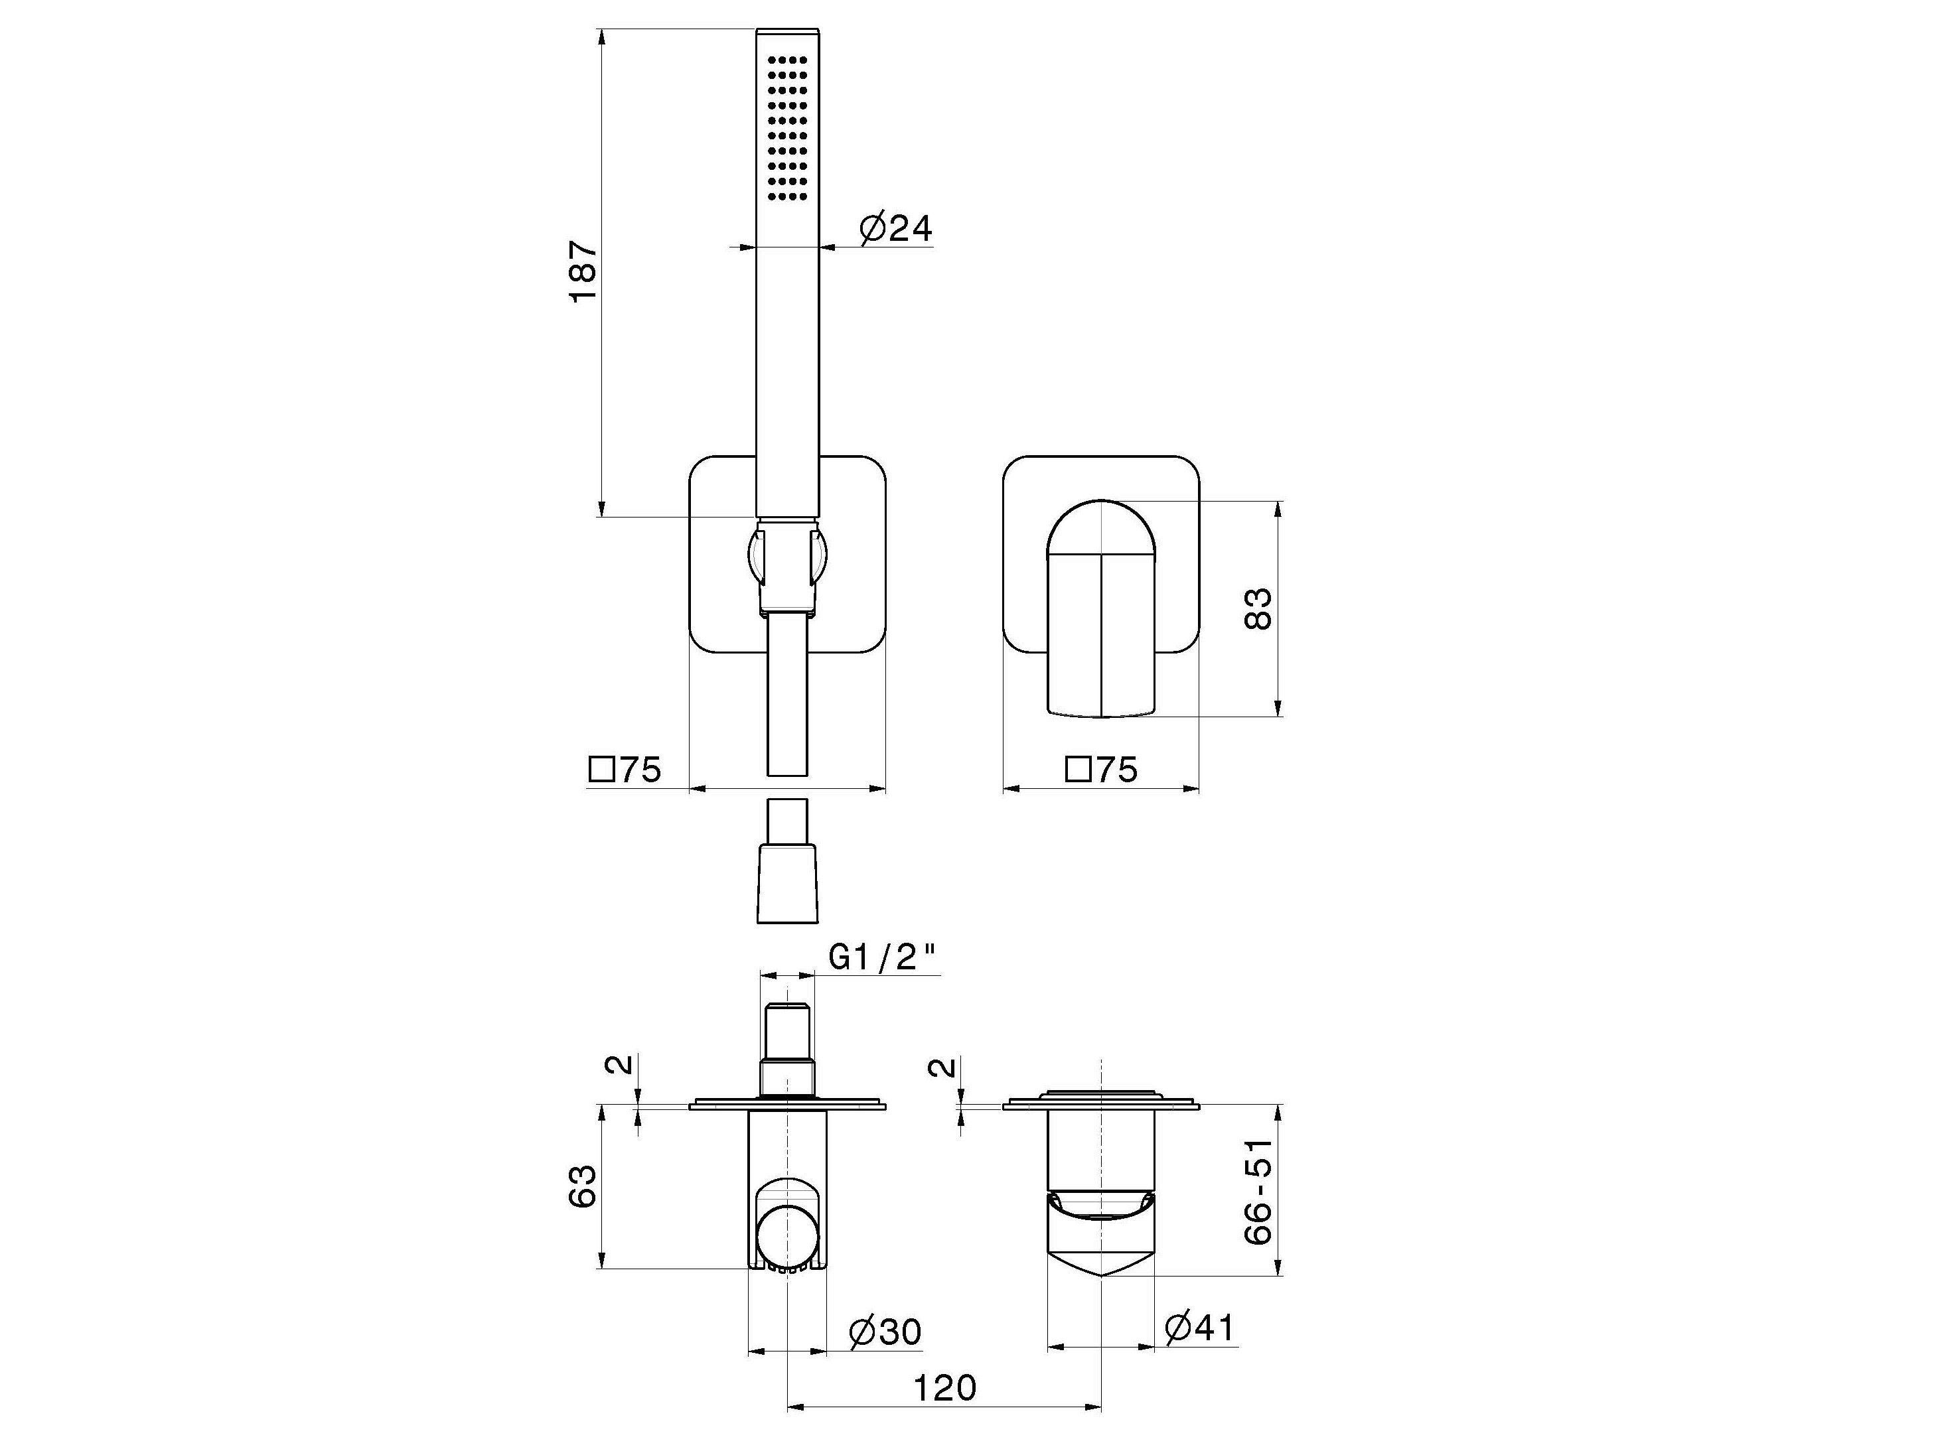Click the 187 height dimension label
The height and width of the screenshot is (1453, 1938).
pyautogui.click(x=584, y=271)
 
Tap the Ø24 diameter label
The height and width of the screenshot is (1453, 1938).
pyautogui.click(x=895, y=229)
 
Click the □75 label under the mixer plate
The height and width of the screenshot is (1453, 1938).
pyautogui.click(x=1100, y=770)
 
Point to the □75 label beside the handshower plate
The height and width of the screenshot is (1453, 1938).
pyautogui.click(x=624, y=770)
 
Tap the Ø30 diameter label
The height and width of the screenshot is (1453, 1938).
pyautogui.click(x=885, y=1332)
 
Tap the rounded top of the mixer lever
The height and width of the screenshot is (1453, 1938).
pyautogui.click(x=1100, y=525)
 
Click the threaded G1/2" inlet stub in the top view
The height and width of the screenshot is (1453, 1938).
pyautogui.click(x=788, y=1034)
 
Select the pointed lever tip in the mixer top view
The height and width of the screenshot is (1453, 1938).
pyautogui.click(x=1100, y=1270)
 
